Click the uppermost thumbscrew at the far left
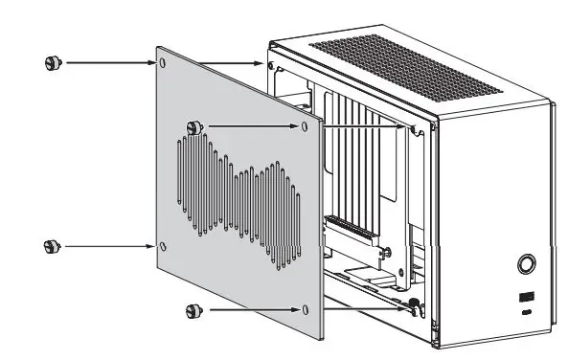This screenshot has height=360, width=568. point(50,63)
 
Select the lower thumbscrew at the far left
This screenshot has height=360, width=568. point(50,246)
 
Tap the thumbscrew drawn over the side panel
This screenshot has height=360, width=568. point(193,126)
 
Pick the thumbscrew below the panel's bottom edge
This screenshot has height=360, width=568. point(193,310)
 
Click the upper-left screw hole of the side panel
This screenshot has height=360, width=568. point(163,63)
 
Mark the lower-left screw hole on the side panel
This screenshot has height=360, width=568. point(163,246)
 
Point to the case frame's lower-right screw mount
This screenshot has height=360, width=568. point(414,308)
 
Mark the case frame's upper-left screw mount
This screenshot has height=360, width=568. point(273,66)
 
